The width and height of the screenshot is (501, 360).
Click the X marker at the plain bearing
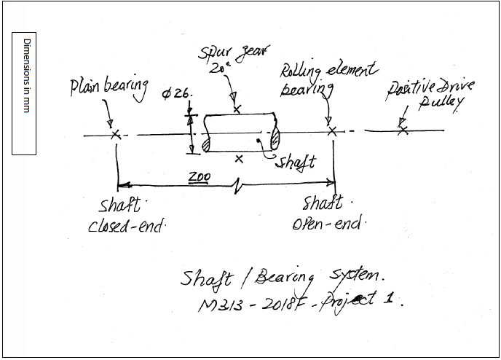pyautogui.click(x=115, y=134)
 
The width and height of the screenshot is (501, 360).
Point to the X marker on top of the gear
pyautogui.click(x=237, y=109)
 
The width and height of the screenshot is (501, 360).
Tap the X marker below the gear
pyautogui.click(x=238, y=158)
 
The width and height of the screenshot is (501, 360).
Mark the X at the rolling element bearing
pyautogui.click(x=332, y=131)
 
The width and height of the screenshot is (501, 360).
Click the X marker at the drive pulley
pyautogui.click(x=402, y=130)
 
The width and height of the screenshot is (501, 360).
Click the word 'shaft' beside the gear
pyautogui.click(x=295, y=162)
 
